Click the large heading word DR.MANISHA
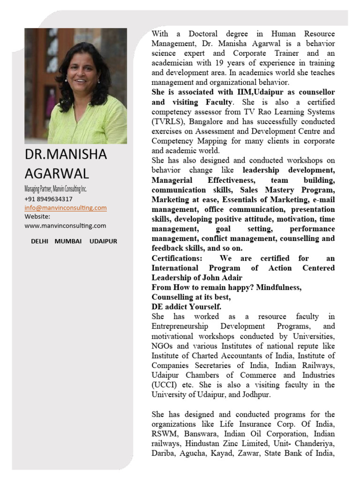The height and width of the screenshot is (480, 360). tap(66, 154)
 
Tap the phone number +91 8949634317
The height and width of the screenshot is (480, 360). tap(48, 199)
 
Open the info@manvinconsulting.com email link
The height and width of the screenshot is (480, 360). tap(66, 208)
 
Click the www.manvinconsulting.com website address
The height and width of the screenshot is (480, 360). tap(65, 225)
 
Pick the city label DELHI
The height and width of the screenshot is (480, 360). tap(40, 241)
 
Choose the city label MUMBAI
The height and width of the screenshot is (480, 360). tap(68, 241)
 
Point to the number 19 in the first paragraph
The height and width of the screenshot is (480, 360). tap(220, 63)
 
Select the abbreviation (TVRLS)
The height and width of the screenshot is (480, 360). tap(167, 121)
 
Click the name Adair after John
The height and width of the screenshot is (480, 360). tap(232, 277)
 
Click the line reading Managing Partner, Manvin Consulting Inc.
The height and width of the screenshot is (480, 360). tap(56, 189)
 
